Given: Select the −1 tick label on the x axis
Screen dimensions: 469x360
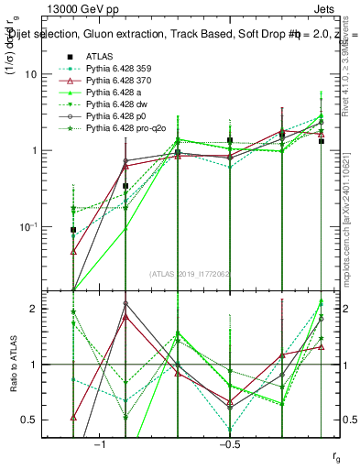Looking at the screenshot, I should click(100, 444).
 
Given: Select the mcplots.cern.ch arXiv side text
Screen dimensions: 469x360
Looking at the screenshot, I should click(349, 211).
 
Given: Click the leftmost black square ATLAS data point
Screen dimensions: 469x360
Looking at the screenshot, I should click(73, 230).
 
